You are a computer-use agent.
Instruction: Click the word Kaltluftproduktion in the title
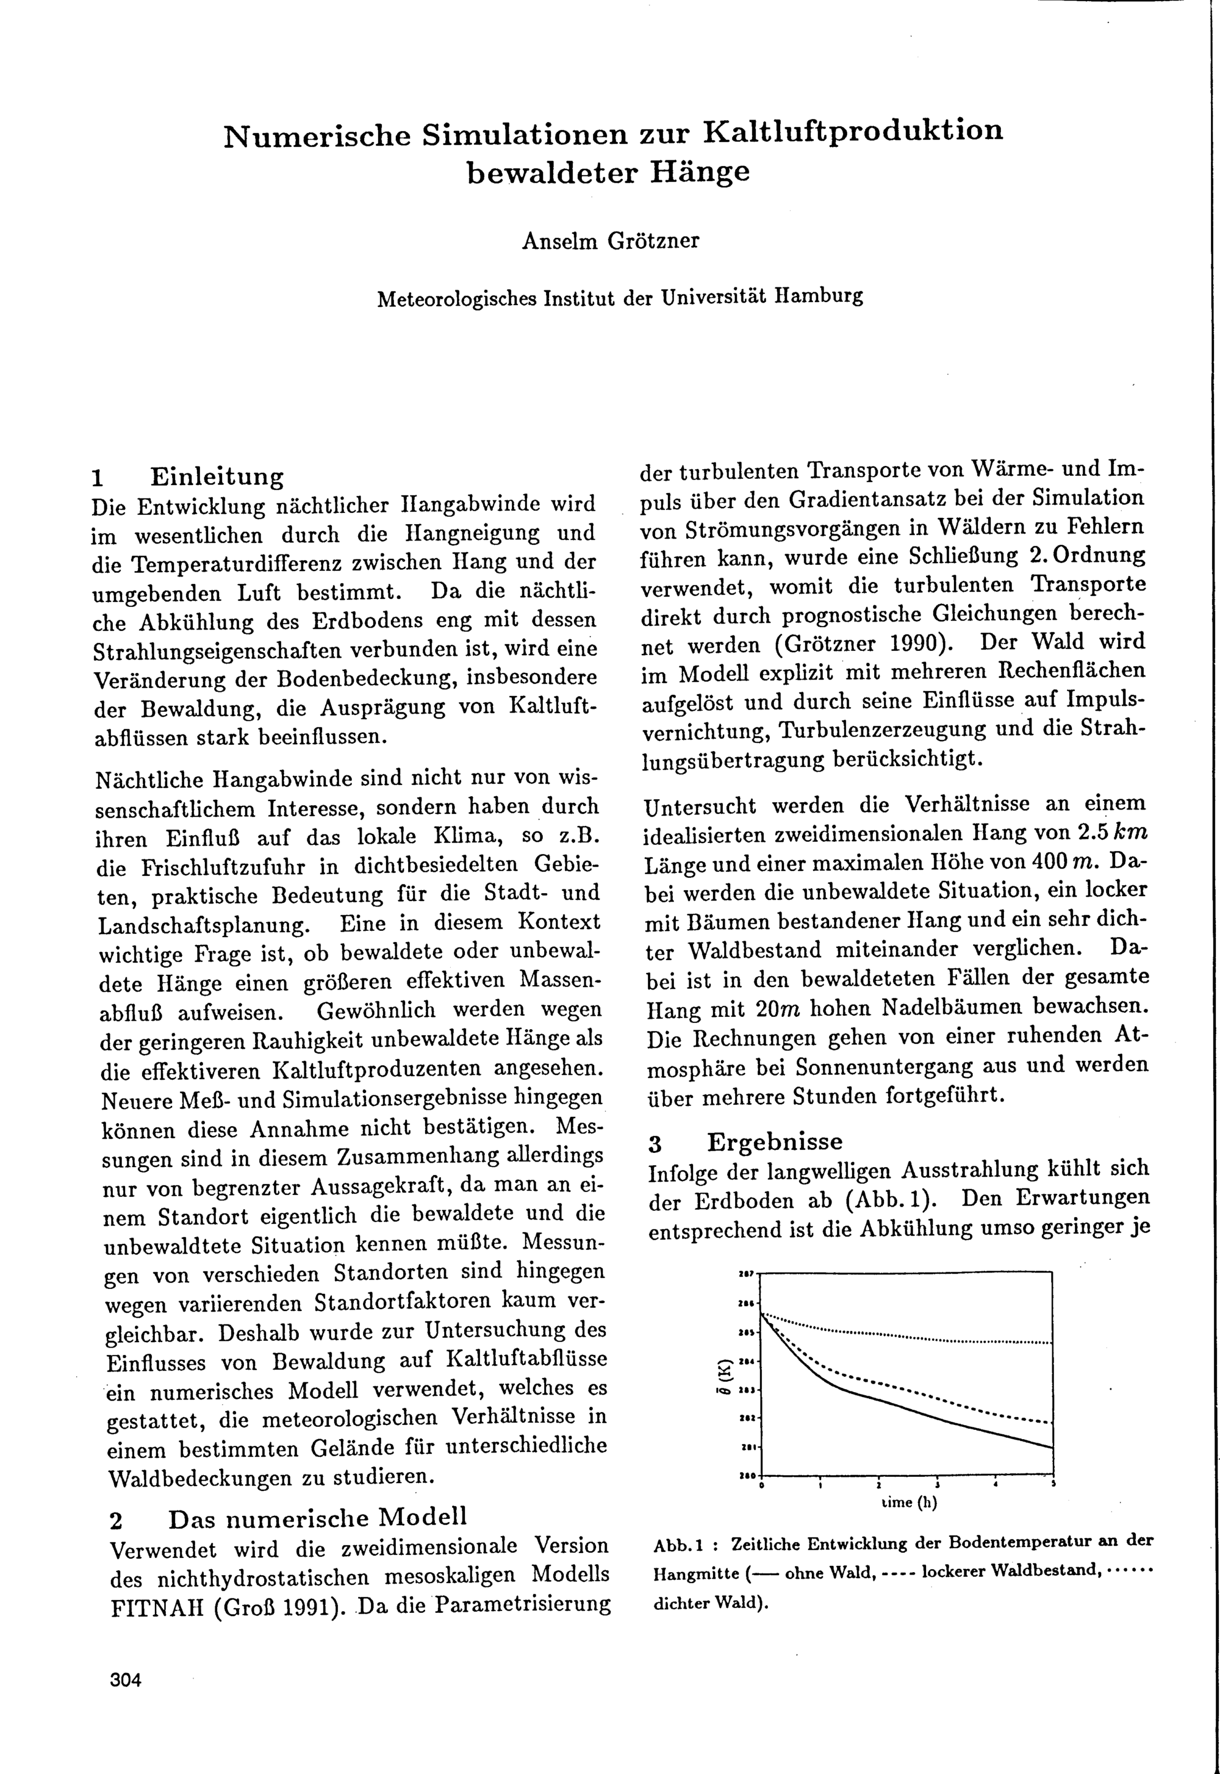(852, 132)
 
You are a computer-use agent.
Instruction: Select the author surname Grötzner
(653, 242)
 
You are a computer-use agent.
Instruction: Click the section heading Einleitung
(217, 477)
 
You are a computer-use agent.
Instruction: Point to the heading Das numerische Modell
(317, 1518)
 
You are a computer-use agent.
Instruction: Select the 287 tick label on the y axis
(747, 1273)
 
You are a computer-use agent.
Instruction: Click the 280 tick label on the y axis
(747, 1474)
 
